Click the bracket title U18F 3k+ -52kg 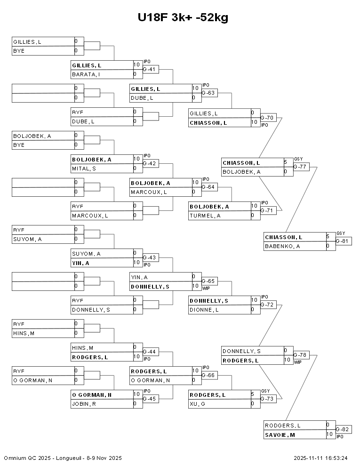pos(183,18)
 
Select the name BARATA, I pos(86,74)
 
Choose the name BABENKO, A pos(282,246)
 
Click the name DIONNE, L pos(204,310)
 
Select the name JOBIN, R pos(84,404)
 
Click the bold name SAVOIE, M pos(280,435)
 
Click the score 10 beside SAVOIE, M pos(329,434)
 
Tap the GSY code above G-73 pos(265,391)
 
